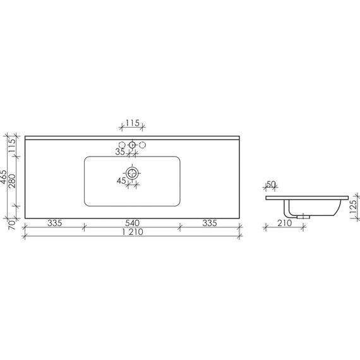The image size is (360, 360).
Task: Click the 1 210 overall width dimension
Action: point(132,232)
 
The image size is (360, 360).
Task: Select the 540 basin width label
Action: point(132,222)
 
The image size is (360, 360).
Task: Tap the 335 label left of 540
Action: point(54,222)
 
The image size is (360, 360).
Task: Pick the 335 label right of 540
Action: point(210,222)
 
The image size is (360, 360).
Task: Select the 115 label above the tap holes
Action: point(132,123)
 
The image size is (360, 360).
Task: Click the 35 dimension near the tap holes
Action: point(120,152)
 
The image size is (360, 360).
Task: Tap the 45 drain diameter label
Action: point(120,181)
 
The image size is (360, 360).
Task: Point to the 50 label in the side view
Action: point(271,184)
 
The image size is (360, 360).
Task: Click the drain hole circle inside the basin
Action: point(132,172)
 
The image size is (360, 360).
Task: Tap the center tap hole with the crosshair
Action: point(132,145)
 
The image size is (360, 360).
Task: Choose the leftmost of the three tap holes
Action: point(123,145)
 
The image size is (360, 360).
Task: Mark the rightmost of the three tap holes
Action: point(142,145)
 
